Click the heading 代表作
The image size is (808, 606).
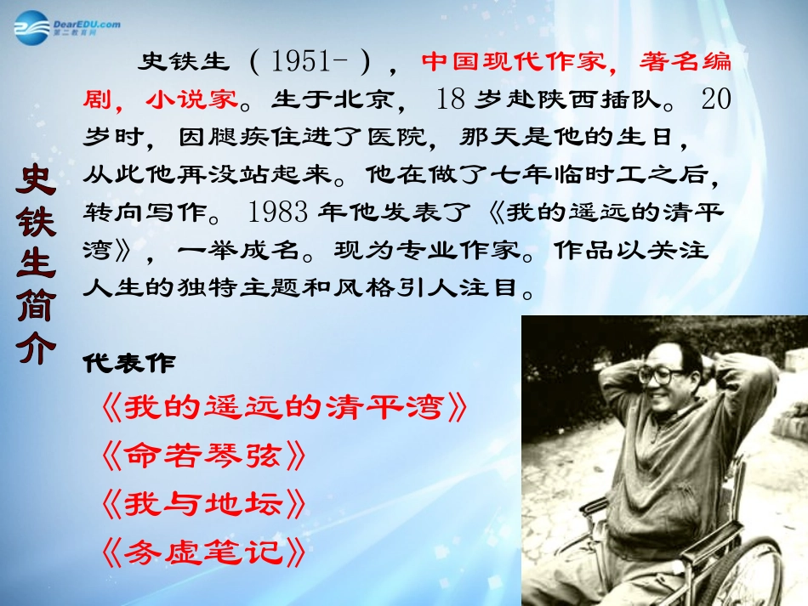pyautogui.click(x=129, y=363)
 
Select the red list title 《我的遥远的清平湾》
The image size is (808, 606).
pyautogui.click(x=284, y=409)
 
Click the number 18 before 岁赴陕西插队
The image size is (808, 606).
pyautogui.click(x=450, y=99)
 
